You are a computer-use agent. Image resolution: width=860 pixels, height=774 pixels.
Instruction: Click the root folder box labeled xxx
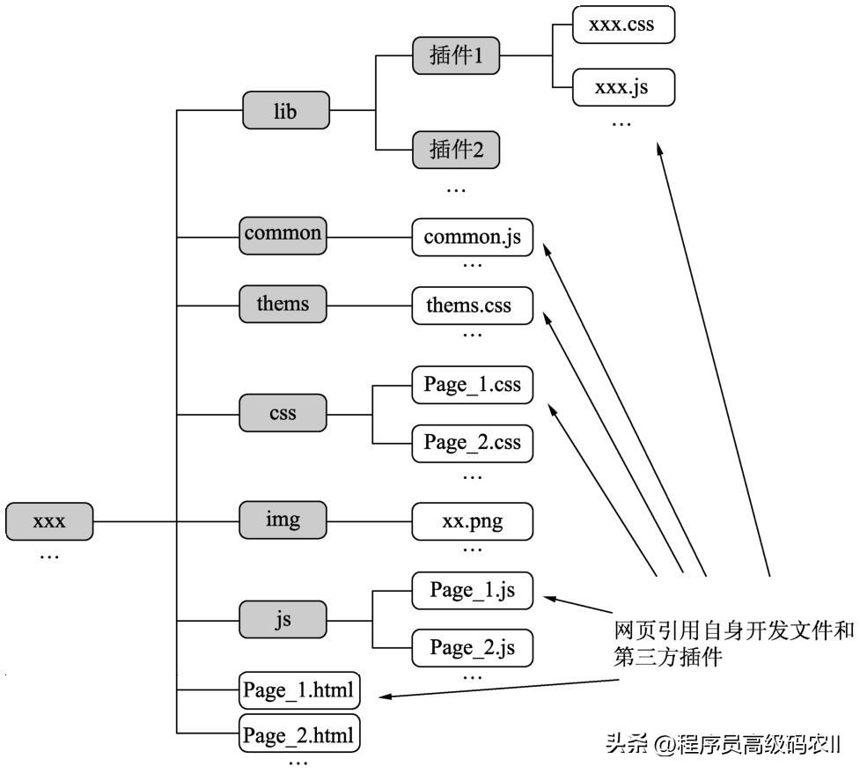tap(49, 520)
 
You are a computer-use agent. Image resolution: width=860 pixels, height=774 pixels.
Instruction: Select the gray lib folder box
tap(285, 112)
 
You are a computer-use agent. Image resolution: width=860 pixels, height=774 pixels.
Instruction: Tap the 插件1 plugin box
tap(456, 57)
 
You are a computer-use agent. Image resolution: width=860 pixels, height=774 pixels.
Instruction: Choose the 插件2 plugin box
tap(456, 150)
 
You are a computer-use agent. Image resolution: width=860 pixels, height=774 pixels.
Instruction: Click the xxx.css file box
tap(623, 25)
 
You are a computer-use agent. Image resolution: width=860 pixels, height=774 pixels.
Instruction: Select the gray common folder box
tap(283, 233)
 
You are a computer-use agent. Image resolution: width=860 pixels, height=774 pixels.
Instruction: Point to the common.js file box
tap(473, 237)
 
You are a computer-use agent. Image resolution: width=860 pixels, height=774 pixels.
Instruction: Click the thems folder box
tap(283, 304)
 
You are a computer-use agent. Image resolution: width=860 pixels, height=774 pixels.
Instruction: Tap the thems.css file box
tap(473, 306)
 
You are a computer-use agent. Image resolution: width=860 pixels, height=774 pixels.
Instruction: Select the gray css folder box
tap(283, 412)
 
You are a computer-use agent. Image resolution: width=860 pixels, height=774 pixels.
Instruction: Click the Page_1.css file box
tap(473, 385)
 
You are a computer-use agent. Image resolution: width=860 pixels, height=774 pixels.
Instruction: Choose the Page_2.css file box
tap(473, 442)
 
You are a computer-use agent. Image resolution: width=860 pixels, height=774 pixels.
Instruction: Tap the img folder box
tap(283, 520)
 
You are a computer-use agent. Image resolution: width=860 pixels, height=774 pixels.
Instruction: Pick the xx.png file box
tap(473, 520)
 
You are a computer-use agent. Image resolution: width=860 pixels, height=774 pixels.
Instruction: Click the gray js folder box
tap(283, 620)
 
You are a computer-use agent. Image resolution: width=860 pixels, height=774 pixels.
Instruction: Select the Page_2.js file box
tap(473, 648)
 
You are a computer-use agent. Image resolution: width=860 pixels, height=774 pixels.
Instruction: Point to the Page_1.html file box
tap(300, 690)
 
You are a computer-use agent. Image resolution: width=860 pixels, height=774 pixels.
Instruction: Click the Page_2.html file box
tap(300, 733)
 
